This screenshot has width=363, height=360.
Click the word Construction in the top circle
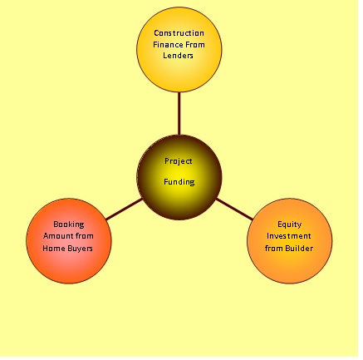tap(179, 33)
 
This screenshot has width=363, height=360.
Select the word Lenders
tap(178, 56)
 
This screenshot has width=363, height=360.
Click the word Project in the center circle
tap(179, 161)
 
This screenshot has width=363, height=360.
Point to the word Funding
tap(179, 182)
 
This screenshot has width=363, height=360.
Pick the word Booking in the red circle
tap(69, 224)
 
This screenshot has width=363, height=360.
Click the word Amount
tap(57, 236)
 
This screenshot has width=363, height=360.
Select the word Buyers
tap(80, 249)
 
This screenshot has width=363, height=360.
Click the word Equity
tap(290, 224)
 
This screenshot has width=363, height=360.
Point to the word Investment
tap(289, 236)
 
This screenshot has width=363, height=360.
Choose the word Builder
tap(299, 248)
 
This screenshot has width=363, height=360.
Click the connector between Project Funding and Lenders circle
tap(179, 114)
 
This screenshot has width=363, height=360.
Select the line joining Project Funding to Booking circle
tap(124, 210)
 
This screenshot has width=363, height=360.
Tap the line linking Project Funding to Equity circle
tap(234, 210)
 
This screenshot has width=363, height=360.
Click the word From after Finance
tap(195, 45)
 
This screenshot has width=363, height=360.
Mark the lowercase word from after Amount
tap(84, 236)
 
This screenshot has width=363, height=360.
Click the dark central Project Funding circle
tap(179, 177)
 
